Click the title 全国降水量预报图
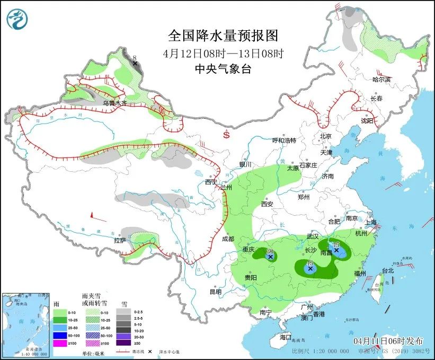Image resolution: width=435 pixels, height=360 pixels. click(223, 36)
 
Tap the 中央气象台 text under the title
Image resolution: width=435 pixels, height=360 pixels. click(223, 68)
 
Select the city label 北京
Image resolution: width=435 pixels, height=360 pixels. click(325, 136)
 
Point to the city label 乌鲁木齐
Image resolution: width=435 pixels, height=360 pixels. click(115, 103)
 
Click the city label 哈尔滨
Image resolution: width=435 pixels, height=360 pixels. click(381, 80)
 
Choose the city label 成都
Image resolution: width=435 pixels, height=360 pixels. click(228, 239)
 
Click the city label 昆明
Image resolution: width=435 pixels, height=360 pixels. click(215, 291)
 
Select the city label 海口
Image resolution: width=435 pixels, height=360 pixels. click(286, 337)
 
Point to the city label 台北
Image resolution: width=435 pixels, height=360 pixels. click(387, 270)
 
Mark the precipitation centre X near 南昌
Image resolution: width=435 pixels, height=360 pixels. click(336, 249)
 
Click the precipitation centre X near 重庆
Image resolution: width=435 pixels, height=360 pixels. click(270, 257)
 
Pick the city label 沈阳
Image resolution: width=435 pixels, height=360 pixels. click(367, 121)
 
